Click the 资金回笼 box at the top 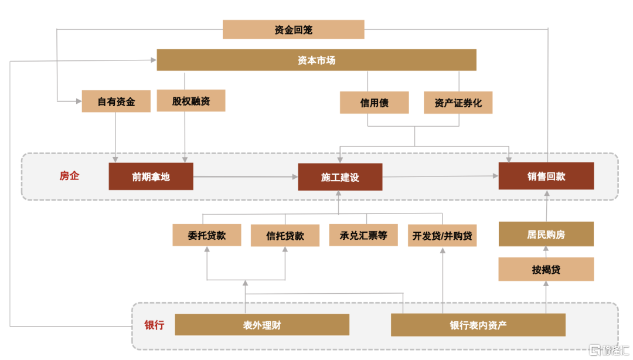point(293,30)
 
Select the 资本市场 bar point(316,60)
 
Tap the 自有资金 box point(116,101)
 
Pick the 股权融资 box point(191,101)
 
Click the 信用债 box point(374,103)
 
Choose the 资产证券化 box point(458,103)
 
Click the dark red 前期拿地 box point(151,176)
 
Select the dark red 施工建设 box point(340,177)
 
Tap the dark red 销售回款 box point(546,176)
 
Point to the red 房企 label point(69,175)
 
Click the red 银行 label point(154,325)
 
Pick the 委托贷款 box point(207,235)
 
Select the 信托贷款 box point(285,236)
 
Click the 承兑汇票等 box point(363,236)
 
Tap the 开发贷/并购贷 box point(442,236)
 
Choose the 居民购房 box point(546,235)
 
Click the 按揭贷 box point(546,270)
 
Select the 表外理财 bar point(262,325)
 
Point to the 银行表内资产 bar point(478,325)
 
